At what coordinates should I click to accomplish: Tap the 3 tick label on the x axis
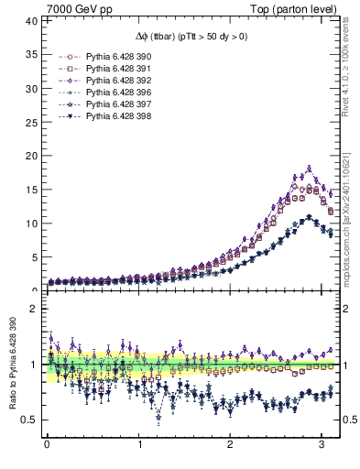[322, 446]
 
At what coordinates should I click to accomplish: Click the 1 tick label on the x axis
[139, 446]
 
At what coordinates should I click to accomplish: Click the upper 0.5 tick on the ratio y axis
[30, 420]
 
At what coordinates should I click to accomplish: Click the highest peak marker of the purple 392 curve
[310, 169]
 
